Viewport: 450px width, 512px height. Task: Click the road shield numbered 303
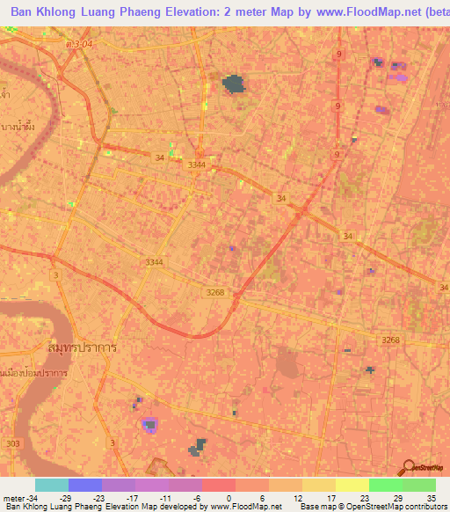tap(11, 443)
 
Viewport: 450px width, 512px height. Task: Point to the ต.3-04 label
tap(78, 42)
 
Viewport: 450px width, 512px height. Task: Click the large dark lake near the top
tap(233, 84)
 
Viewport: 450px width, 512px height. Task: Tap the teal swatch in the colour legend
tap(52, 485)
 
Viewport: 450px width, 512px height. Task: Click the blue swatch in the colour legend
tap(85, 485)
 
